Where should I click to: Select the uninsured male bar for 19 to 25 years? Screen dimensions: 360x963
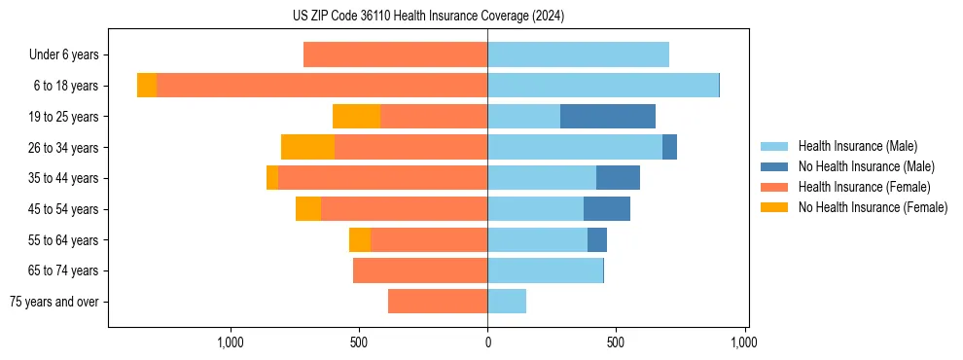pyautogui.click(x=608, y=117)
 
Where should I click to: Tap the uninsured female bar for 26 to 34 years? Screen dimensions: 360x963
pyautogui.click(x=307, y=147)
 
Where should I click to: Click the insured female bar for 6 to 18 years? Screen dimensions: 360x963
pyautogui.click(x=322, y=86)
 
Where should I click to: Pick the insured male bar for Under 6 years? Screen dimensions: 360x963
pyautogui.click(x=578, y=54)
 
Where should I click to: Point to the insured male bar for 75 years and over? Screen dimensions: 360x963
pyautogui.click(x=507, y=302)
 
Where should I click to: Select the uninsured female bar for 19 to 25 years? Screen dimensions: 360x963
pyautogui.click(x=356, y=117)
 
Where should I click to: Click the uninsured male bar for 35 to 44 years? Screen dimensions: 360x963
pyautogui.click(x=618, y=178)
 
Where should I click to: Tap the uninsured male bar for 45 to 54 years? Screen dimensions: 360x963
pyautogui.click(x=607, y=209)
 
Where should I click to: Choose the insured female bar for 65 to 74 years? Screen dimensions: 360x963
pyautogui.click(x=420, y=270)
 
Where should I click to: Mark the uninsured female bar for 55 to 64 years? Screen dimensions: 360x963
pyautogui.click(x=360, y=239)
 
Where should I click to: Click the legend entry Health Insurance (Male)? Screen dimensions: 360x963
pyautogui.click(x=857, y=146)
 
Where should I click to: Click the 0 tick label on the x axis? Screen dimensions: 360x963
pyautogui.click(x=487, y=342)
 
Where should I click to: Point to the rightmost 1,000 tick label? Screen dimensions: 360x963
pyautogui.click(x=744, y=342)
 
